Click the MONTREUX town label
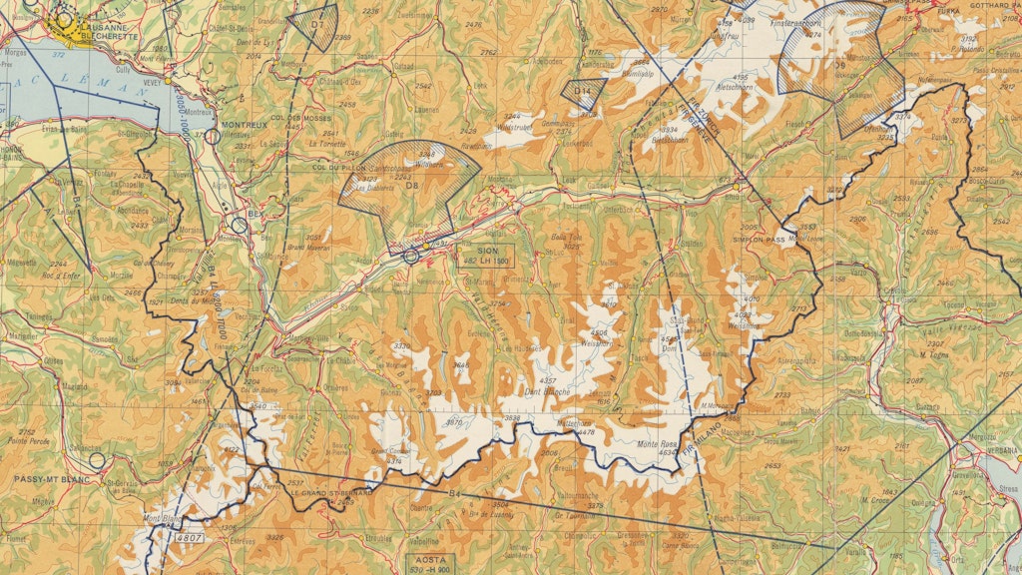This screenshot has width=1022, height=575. [x=245, y=125]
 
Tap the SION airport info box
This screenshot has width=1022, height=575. [x=487, y=255]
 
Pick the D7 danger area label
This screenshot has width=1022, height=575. [x=316, y=21]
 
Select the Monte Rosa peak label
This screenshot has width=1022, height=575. [x=656, y=445]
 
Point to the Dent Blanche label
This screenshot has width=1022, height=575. [x=546, y=392]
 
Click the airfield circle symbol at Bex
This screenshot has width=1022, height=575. [x=239, y=225]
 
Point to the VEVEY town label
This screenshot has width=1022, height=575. [x=152, y=83]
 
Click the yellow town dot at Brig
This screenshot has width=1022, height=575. [x=738, y=187]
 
